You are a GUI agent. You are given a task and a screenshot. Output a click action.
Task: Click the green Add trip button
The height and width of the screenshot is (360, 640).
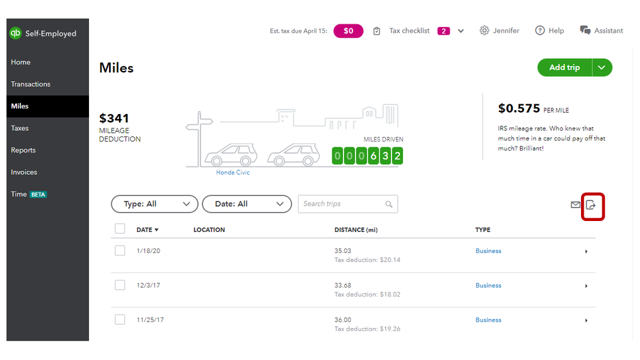tap(564, 67)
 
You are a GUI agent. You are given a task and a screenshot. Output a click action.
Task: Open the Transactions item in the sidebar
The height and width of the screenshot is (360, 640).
tap(31, 84)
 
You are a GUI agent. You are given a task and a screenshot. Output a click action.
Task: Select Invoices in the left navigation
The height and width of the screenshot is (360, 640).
tap(24, 172)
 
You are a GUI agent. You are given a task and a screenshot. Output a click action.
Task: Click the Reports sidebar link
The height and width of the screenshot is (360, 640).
tap(24, 150)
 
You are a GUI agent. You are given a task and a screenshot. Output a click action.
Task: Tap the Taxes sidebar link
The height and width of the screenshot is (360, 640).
tap(20, 128)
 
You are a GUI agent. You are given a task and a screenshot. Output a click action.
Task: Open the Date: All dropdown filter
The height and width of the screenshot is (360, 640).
tap(247, 204)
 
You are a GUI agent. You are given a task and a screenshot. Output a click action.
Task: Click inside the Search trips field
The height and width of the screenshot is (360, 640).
tap(343, 204)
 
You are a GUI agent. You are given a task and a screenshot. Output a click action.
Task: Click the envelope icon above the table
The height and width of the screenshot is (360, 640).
tap(575, 205)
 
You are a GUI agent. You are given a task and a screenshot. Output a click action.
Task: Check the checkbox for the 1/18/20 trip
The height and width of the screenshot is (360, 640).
tap(120, 250)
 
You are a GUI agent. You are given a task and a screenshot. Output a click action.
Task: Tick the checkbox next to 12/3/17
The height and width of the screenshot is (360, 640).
tap(120, 285)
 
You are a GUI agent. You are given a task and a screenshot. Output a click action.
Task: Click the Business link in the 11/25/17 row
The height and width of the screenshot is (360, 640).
tap(488, 320)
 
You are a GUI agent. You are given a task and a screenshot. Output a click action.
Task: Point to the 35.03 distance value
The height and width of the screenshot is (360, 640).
tap(343, 251)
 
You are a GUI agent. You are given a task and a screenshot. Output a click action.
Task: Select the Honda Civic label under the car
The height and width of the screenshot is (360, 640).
tap(233, 172)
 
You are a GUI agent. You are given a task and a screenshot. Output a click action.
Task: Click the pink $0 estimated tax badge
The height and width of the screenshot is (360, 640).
tap(348, 31)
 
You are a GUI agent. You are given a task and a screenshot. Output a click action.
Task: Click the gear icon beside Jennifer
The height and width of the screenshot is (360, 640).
tap(484, 31)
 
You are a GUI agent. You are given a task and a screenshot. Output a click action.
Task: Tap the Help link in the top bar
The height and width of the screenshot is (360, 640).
tap(550, 31)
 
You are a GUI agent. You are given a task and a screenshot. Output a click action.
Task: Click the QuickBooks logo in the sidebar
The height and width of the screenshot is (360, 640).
tap(15, 33)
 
